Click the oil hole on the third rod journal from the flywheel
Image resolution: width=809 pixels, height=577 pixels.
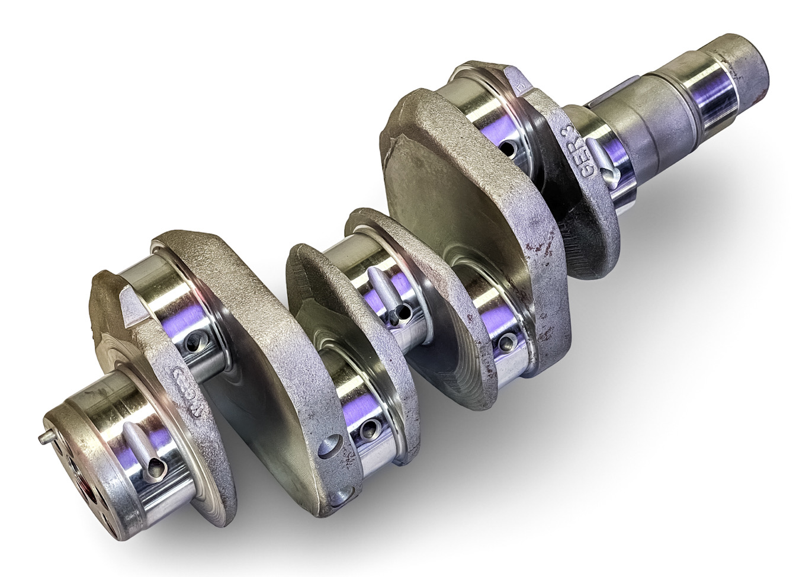click(506, 342)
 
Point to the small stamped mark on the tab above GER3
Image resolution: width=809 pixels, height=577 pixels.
click(521, 89)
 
